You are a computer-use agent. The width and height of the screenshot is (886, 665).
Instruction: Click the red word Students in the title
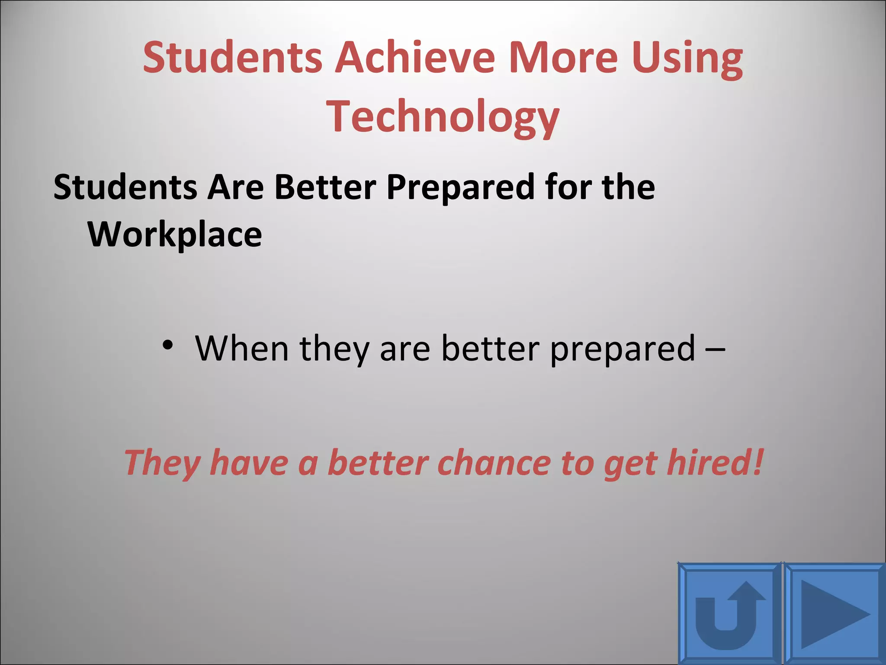pos(232,57)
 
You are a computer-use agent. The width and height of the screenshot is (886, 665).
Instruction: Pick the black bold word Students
pos(125,187)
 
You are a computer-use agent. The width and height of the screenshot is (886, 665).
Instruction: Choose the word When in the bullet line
pos(242,348)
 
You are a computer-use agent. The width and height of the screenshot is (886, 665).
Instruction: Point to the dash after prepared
pos(715,349)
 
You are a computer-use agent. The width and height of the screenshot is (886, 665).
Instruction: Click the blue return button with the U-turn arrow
pos(729,614)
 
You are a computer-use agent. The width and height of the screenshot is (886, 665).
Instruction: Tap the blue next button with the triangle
pos(835,614)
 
